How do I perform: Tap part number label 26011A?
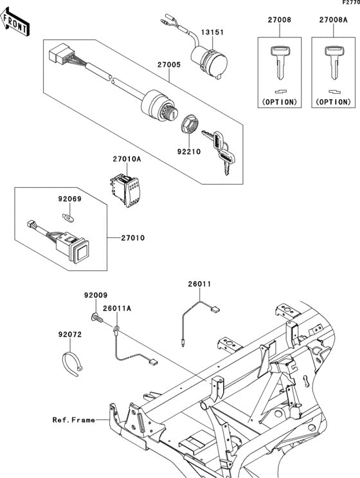point(119,309)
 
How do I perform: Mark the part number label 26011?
point(200,284)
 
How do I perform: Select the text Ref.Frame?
point(74,419)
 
